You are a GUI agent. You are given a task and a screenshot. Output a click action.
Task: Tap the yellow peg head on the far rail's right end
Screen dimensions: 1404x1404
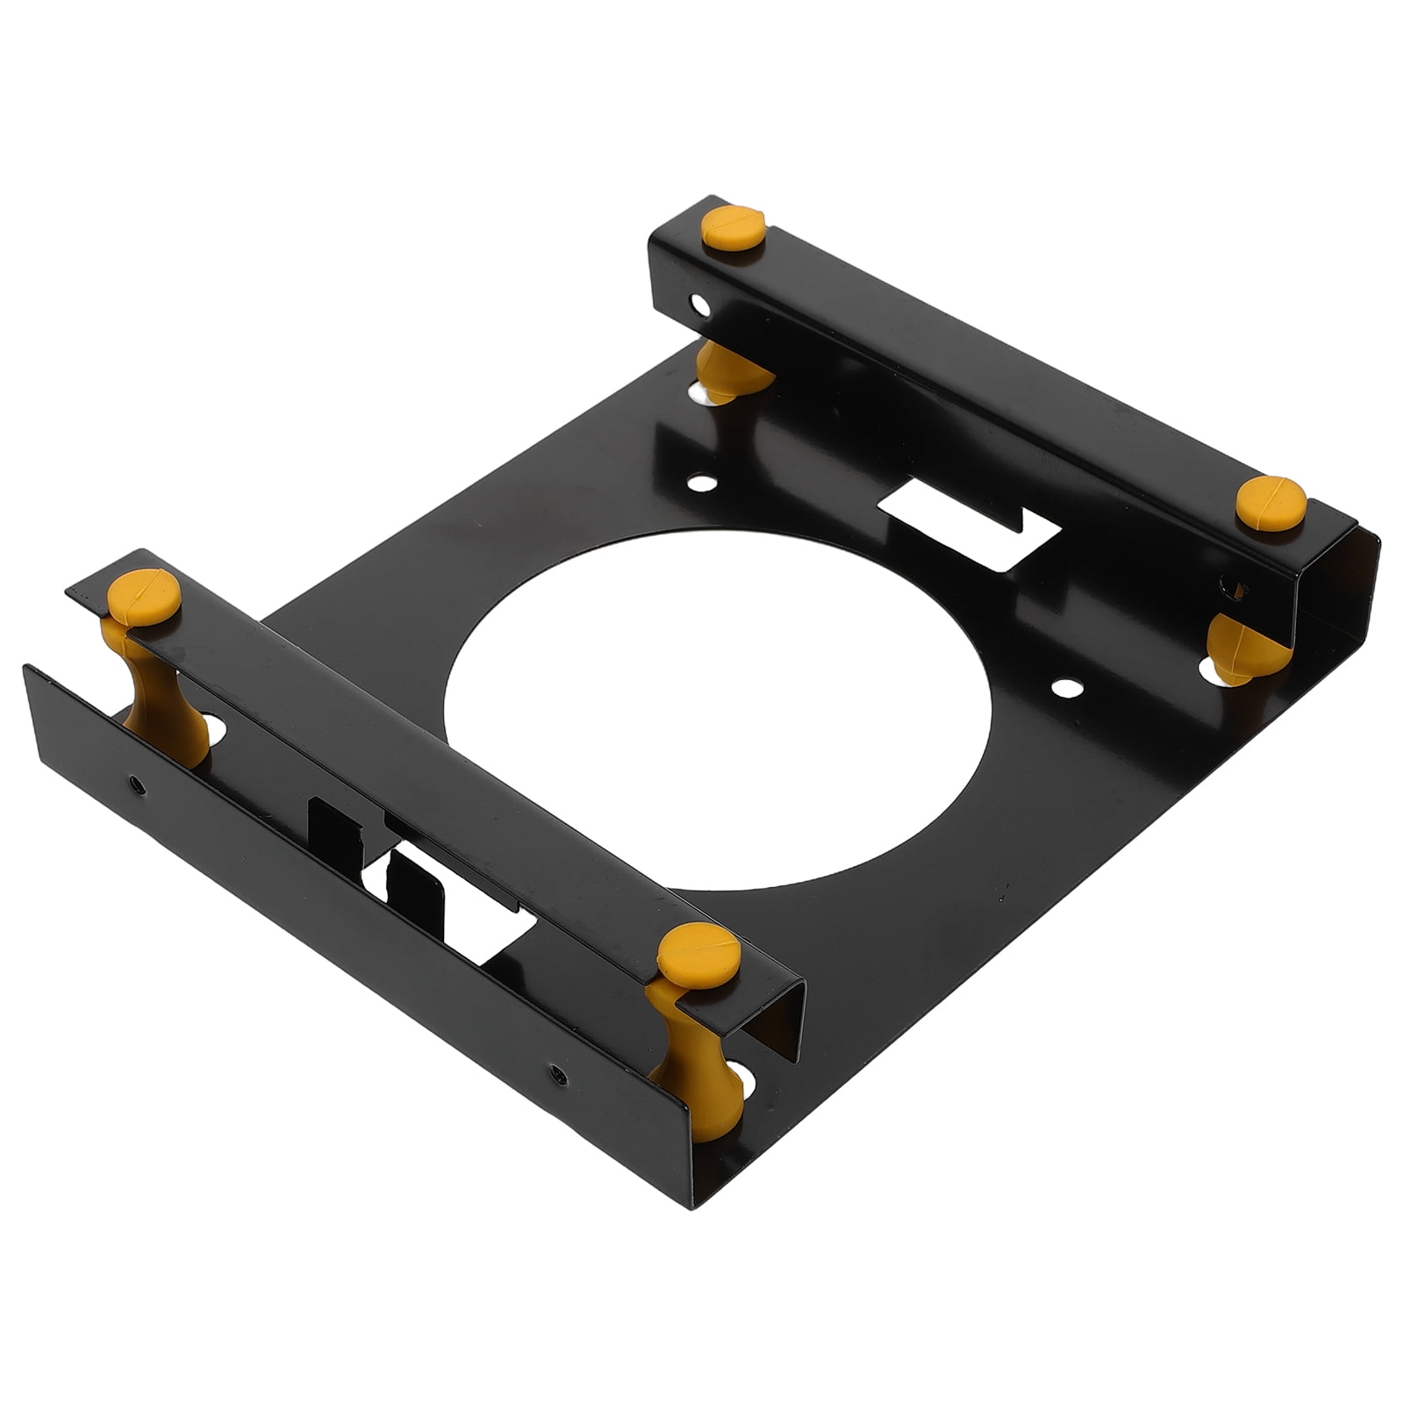coord(1270,503)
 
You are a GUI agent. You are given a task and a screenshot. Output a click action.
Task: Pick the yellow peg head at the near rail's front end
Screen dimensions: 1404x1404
coord(698,953)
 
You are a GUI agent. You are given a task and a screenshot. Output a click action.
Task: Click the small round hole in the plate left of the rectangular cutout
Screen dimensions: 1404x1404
coord(699,483)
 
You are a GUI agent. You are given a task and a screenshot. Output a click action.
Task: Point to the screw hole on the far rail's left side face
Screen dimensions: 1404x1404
coord(698,305)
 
